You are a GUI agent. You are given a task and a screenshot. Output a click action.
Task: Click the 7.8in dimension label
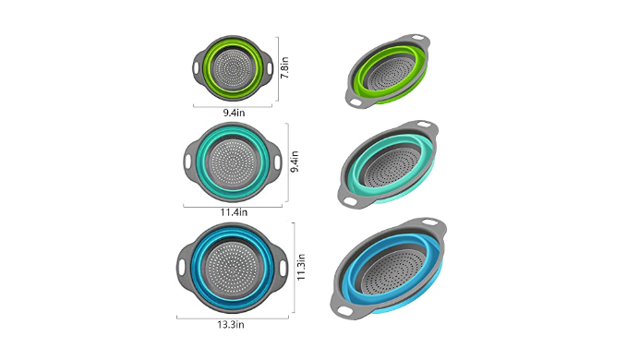click(284, 68)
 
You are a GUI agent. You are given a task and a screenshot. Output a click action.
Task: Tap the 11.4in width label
click(234, 212)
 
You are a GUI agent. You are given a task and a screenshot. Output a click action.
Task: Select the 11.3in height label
click(301, 267)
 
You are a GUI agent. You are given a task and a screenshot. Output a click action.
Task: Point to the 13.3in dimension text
click(231, 324)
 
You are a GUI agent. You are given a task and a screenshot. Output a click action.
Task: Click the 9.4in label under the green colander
click(234, 113)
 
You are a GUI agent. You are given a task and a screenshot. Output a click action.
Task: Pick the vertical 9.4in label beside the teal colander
click(295, 162)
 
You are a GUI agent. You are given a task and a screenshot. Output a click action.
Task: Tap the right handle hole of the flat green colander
click(270, 68)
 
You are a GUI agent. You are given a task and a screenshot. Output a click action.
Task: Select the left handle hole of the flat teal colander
click(188, 162)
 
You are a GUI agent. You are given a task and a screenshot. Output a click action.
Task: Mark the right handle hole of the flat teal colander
click(278, 162)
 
